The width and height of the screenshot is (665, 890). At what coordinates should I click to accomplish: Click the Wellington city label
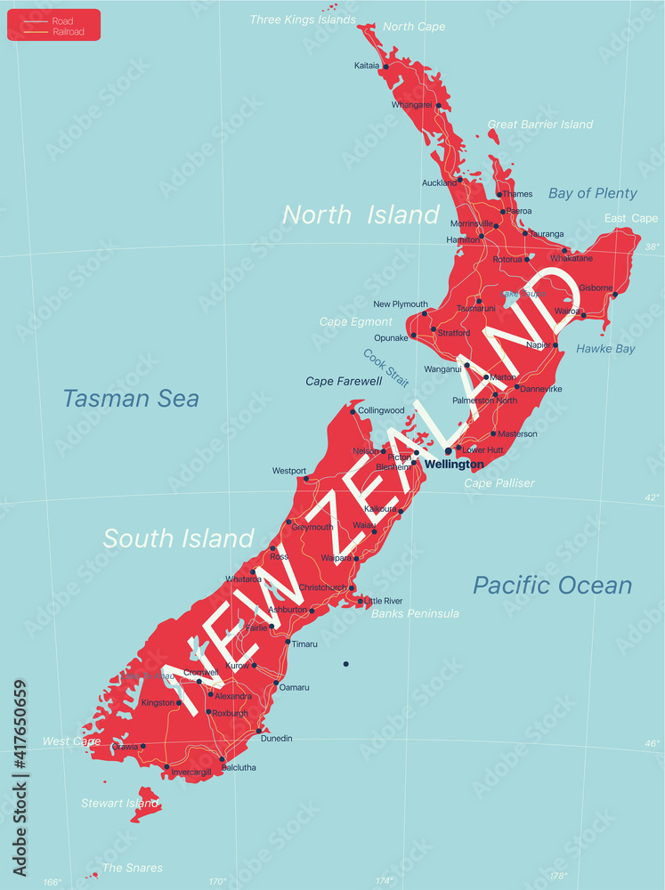click(454, 465)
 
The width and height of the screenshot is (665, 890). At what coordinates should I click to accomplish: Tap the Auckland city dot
click(460, 180)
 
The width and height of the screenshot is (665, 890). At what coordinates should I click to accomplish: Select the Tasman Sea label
click(131, 399)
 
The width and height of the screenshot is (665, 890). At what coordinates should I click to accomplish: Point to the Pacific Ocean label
click(552, 585)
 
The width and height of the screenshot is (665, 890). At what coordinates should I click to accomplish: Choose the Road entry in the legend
click(63, 20)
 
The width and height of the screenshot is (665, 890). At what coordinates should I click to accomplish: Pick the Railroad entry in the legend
click(68, 31)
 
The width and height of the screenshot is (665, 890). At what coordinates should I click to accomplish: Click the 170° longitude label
click(217, 881)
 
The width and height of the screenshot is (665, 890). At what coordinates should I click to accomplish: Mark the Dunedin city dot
click(259, 732)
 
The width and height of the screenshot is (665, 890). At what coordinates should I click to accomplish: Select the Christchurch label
click(322, 587)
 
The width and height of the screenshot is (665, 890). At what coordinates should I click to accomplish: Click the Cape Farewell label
click(344, 381)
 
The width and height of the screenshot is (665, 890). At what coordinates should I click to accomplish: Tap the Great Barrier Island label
click(540, 125)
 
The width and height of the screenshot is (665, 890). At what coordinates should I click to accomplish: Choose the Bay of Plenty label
click(593, 193)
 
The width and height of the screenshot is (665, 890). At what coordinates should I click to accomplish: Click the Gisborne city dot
click(615, 295)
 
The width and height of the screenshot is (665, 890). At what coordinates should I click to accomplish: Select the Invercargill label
click(191, 772)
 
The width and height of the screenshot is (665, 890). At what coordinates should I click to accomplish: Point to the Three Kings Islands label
click(303, 20)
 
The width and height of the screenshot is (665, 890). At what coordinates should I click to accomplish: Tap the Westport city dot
click(307, 479)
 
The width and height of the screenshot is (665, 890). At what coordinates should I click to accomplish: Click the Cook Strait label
click(385, 368)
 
